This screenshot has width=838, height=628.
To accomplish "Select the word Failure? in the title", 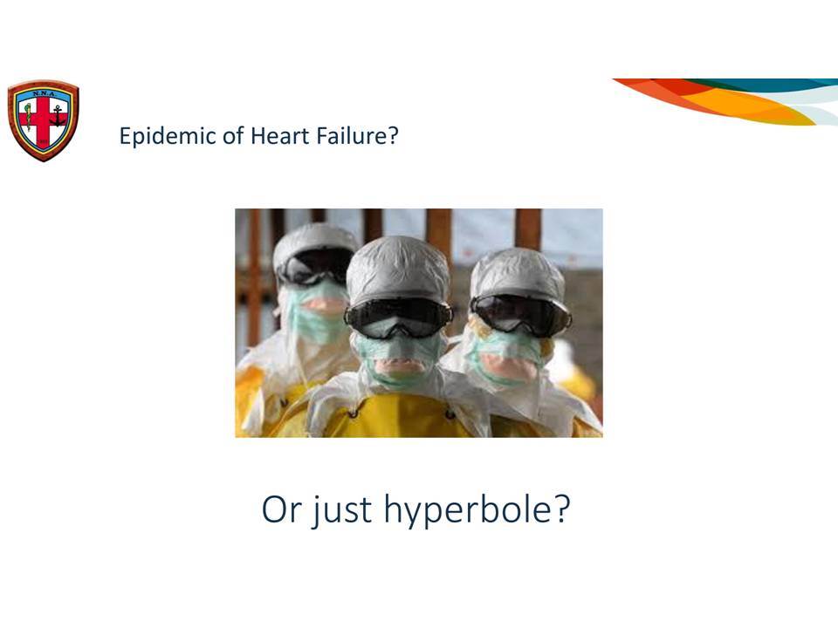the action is tap(358, 136).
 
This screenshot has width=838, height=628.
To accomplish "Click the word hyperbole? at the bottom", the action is tap(477, 510).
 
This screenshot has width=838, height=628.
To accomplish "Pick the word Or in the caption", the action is tap(282, 509).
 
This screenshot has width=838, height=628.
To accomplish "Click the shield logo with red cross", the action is tap(44, 120).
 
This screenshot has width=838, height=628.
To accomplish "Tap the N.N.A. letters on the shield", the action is tap(44, 94).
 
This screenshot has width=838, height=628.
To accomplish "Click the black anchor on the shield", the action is tap(58, 116).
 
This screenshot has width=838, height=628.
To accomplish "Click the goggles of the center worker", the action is tap(398, 317).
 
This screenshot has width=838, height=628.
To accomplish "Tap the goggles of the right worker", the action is tap(520, 314).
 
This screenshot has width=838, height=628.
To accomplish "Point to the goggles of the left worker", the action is tap(315, 266).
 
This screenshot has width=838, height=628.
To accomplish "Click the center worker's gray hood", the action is tap(398, 270).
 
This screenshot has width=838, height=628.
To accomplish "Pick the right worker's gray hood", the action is tap(518, 272).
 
